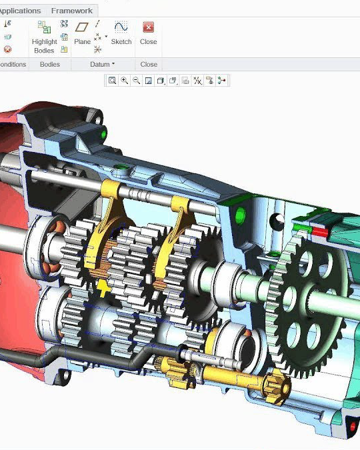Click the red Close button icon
click(148, 27)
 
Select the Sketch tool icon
click(121, 27)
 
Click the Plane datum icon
click(82, 27)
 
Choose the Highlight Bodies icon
click(44, 27)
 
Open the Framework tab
click(71, 11)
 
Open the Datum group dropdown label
click(102, 65)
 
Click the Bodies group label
click(50, 65)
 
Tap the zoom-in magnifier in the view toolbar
click(125, 81)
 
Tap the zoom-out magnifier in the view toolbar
click(137, 81)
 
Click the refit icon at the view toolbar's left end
click(113, 81)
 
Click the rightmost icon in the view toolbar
click(222, 81)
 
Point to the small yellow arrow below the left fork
click(103, 287)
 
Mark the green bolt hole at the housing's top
click(103, 135)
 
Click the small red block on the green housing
click(320, 232)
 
